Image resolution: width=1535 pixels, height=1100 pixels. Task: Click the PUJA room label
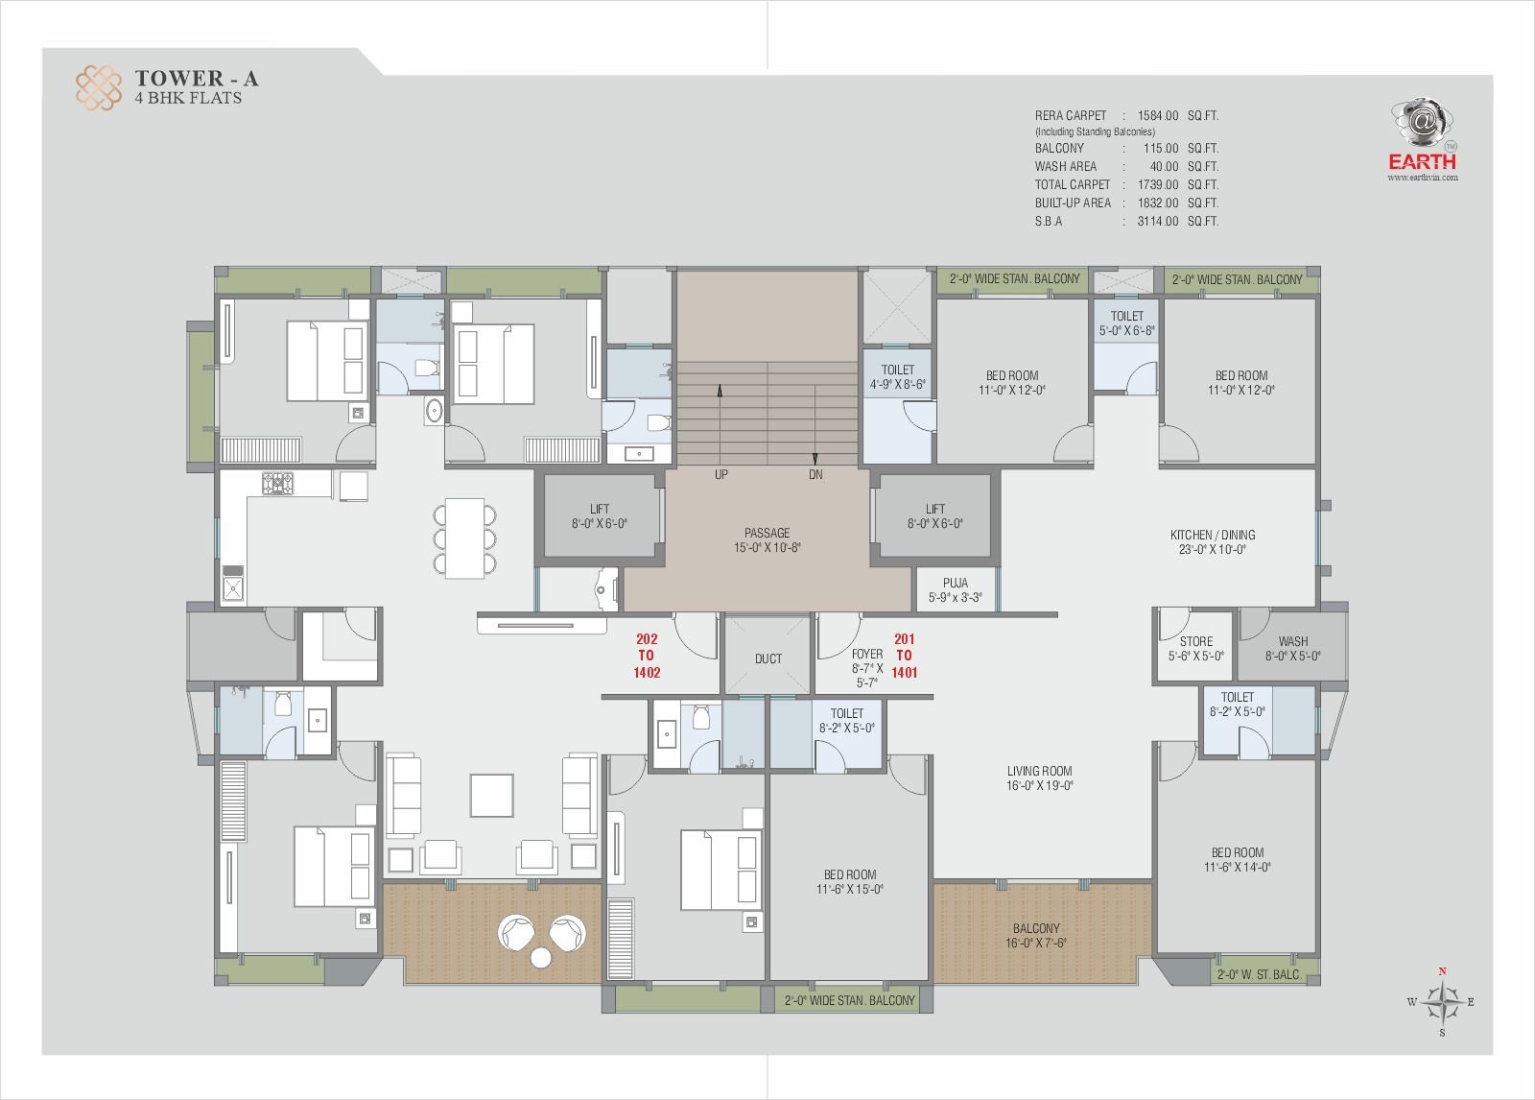[956, 589]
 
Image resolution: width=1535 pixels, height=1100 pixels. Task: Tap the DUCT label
[768, 659]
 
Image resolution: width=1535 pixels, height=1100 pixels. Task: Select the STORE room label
[1195, 649]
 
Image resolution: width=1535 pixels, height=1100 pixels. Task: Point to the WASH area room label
[1293, 649]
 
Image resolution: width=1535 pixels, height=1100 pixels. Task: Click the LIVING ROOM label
[1040, 778]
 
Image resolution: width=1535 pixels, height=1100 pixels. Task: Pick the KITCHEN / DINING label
[1213, 541]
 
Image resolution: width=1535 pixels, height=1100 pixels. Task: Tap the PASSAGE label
[767, 539]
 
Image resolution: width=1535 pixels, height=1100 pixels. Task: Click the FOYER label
[867, 668]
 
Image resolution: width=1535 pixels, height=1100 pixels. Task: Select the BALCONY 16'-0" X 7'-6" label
[1036, 936]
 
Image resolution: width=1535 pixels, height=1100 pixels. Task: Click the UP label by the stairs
[720, 474]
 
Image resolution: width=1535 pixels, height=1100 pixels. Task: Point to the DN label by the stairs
[815, 474]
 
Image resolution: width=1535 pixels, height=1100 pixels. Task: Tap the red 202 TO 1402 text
[647, 657]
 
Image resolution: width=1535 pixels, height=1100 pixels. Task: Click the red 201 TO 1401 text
[904, 657]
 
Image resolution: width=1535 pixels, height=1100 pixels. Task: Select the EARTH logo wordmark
[1422, 162]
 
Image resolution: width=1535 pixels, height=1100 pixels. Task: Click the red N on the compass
[1443, 971]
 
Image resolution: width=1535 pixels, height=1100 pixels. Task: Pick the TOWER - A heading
[197, 79]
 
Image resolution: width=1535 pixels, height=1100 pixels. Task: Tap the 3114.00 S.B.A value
[1157, 222]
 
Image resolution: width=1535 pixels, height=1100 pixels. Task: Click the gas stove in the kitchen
[277, 483]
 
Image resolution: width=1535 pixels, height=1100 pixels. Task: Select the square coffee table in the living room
[491, 796]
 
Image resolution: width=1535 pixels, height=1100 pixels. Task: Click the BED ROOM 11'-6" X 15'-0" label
[850, 882]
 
